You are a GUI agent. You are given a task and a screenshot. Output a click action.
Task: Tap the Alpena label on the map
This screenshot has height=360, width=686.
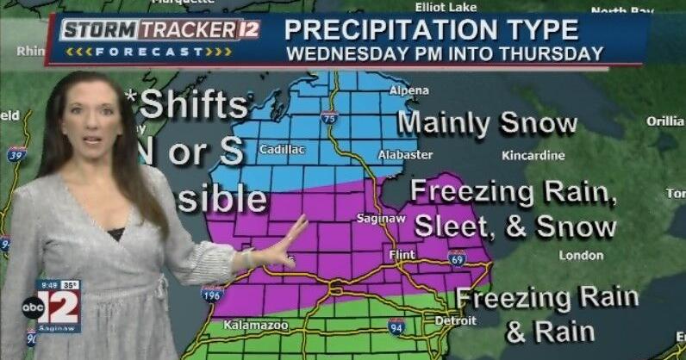(x=408, y=90)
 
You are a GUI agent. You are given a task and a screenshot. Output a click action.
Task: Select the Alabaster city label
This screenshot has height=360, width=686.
(x=404, y=155)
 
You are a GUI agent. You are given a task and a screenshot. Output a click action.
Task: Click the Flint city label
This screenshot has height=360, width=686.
(x=401, y=255)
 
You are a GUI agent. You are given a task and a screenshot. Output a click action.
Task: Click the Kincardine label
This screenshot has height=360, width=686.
(x=533, y=156)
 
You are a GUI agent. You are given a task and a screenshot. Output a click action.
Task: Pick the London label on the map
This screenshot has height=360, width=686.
(x=580, y=255)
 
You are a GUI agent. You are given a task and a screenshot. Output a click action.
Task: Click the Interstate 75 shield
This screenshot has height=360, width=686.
(x=328, y=117)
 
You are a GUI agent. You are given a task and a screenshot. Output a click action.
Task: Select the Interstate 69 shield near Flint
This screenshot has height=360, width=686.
(x=457, y=258)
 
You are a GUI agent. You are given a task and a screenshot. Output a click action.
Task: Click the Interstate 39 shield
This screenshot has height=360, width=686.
(x=16, y=154)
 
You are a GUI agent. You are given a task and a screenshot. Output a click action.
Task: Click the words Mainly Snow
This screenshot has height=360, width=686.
(x=487, y=123)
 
